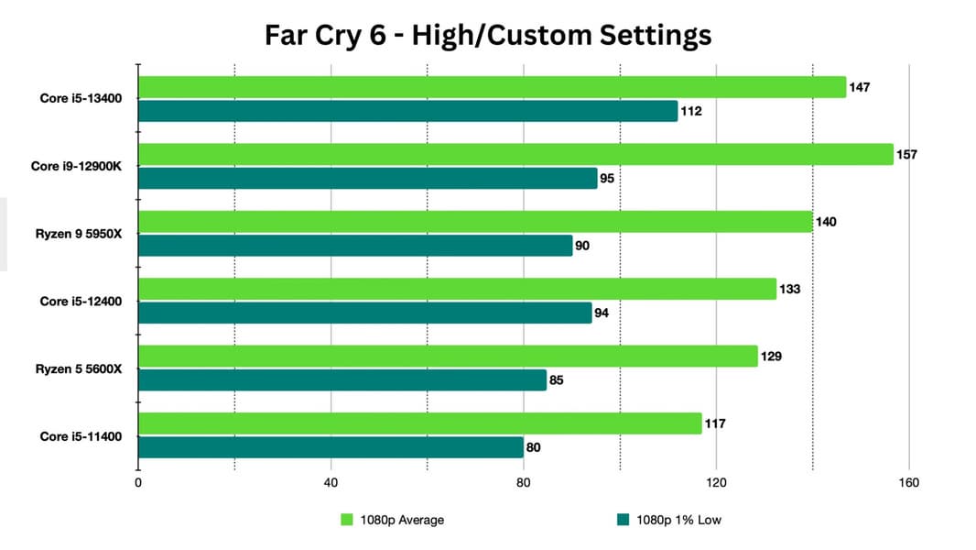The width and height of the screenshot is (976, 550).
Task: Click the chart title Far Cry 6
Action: click(487, 35)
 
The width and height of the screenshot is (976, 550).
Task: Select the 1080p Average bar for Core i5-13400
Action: click(492, 87)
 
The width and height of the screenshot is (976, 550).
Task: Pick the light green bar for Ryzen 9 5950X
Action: click(475, 222)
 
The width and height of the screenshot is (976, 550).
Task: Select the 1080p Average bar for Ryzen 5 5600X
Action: click(448, 356)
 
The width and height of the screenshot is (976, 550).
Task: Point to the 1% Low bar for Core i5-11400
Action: click(331, 447)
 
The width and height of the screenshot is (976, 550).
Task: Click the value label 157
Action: click(906, 154)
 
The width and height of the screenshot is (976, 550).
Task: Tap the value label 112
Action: click(691, 112)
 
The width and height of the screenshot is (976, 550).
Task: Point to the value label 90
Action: click(583, 246)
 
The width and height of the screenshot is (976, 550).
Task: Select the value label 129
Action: click(771, 356)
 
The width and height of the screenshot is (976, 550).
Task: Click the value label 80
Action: click(534, 447)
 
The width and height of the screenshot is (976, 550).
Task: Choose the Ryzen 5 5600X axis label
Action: click(81, 368)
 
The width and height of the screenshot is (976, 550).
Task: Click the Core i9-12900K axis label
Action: click(82, 166)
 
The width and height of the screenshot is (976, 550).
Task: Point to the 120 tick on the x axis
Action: click(716, 482)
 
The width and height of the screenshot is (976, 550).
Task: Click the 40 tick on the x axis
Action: click(331, 482)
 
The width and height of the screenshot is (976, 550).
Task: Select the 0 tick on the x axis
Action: click(138, 482)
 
